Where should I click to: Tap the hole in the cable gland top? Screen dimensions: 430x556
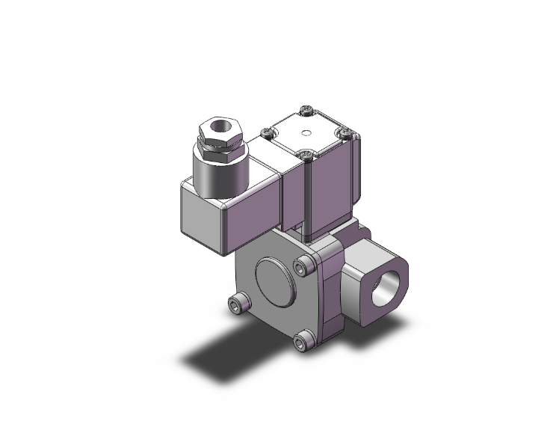[222, 123]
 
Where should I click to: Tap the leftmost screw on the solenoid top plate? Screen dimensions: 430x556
[265, 134]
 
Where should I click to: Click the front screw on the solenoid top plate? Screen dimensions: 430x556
[306, 156]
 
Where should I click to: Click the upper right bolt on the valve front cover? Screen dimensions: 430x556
[302, 267]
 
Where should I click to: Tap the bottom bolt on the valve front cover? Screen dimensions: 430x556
[301, 343]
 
